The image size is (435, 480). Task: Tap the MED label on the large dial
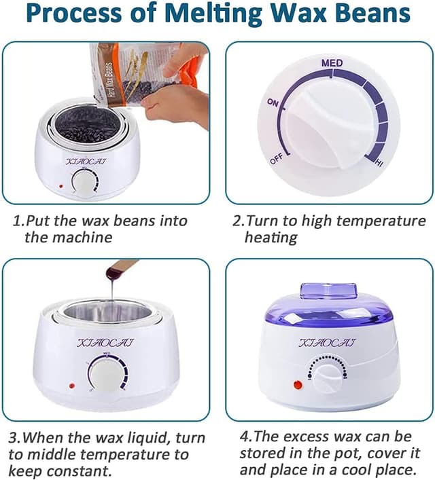[332, 63]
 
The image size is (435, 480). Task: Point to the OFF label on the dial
[276, 159]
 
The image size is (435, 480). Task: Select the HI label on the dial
[379, 163]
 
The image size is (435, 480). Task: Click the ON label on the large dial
[273, 103]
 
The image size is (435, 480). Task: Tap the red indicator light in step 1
[61, 186]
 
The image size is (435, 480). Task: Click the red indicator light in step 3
[72, 386]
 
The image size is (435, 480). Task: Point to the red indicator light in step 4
[297, 385]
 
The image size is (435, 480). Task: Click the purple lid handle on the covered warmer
[328, 291]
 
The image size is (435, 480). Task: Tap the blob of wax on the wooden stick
[111, 273]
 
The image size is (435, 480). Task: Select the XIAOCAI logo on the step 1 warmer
[86, 162]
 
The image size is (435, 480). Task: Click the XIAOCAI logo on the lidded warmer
[327, 343]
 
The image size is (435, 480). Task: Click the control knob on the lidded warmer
[327, 377]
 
